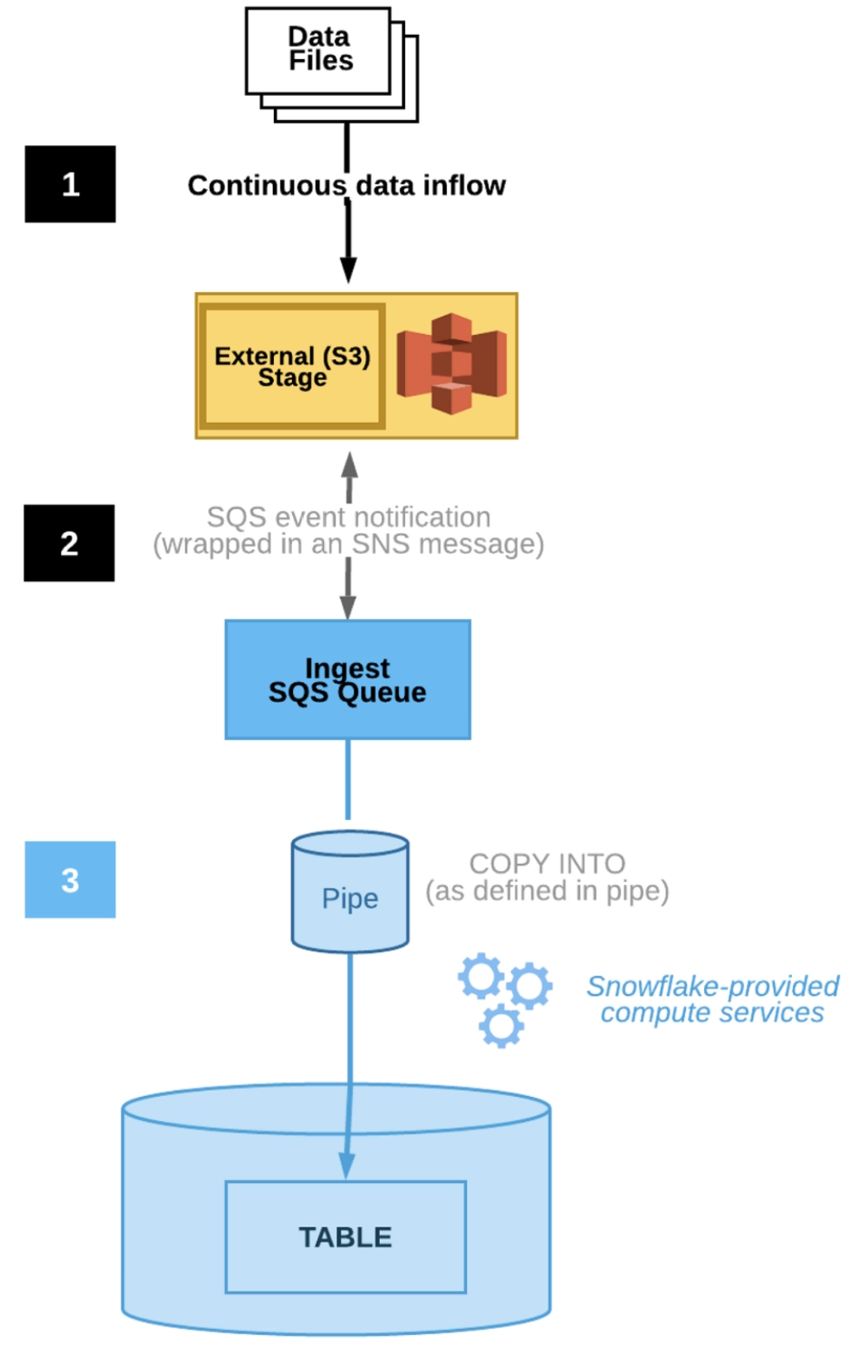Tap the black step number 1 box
(70, 184)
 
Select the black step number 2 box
(69, 543)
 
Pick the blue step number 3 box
(70, 879)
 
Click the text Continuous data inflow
(346, 185)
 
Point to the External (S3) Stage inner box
(292, 366)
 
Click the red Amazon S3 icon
(451, 364)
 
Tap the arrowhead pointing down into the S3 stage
(348, 270)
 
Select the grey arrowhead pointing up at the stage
(349, 464)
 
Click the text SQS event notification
(348, 517)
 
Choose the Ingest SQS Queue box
(348, 679)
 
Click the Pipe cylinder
(350, 892)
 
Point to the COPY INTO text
(547, 863)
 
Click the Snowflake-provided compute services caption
(712, 999)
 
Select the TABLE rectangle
(345, 1236)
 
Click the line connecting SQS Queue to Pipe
(348, 779)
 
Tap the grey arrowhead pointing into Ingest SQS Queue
(348, 607)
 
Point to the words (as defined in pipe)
(547, 891)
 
